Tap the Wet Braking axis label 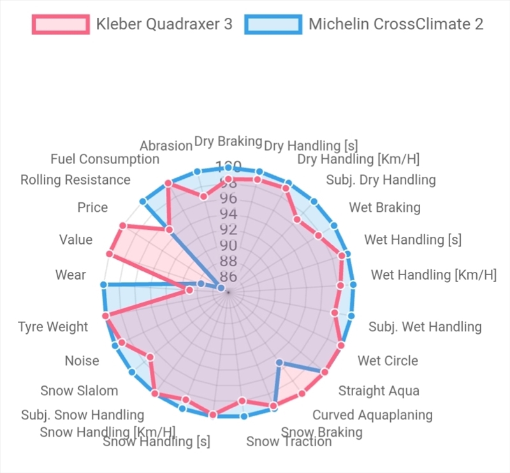pyautogui.click(x=384, y=207)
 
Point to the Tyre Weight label pyautogui.click(x=53, y=327)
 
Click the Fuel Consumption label pyautogui.click(x=105, y=159)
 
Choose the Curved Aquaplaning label pyautogui.click(x=372, y=415)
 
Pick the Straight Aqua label pyautogui.click(x=379, y=391)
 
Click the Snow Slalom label pyautogui.click(x=79, y=391)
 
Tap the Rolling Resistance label pyautogui.click(x=75, y=179)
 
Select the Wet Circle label pyautogui.click(x=388, y=361)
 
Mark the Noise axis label pyautogui.click(x=82, y=361)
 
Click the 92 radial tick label pyautogui.click(x=228, y=229)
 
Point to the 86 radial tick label pyautogui.click(x=228, y=277)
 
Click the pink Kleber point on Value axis pyautogui.click(x=110, y=255)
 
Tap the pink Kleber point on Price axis pyautogui.click(x=122, y=226)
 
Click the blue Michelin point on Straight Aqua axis pyautogui.click(x=279, y=363)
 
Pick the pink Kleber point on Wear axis pyautogui.click(x=189, y=291)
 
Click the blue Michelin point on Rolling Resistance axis pyautogui.click(x=143, y=202)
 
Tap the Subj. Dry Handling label pyautogui.click(x=381, y=179)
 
